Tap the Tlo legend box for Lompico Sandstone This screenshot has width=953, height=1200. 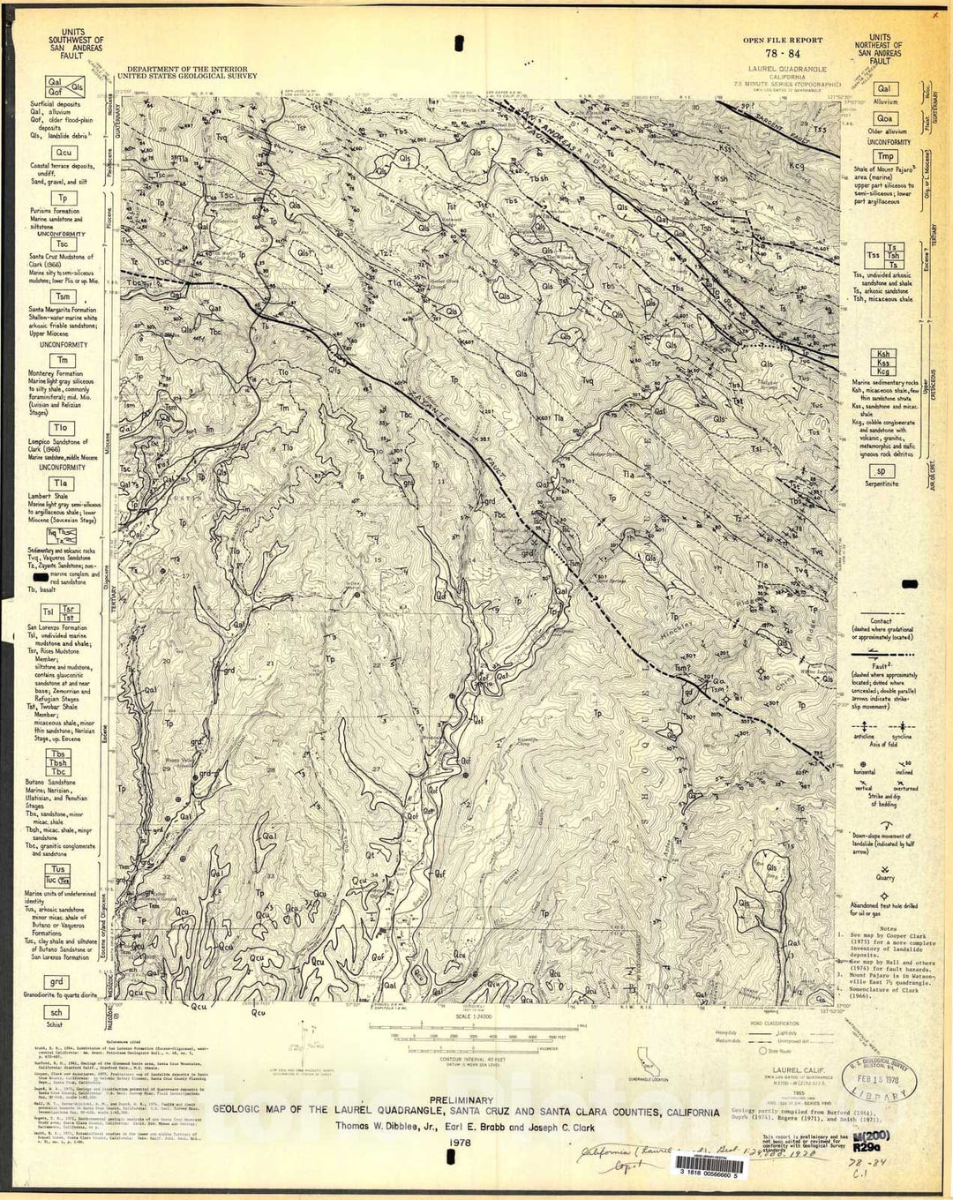62,428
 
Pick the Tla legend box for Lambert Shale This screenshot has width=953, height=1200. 62,484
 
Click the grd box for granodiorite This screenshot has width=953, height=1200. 56,982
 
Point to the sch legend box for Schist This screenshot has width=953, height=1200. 56,1013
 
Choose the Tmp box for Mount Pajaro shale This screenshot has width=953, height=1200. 885,157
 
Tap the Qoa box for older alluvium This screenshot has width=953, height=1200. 884,118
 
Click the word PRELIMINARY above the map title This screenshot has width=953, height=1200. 462,1100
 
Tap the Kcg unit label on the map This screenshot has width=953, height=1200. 797,165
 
